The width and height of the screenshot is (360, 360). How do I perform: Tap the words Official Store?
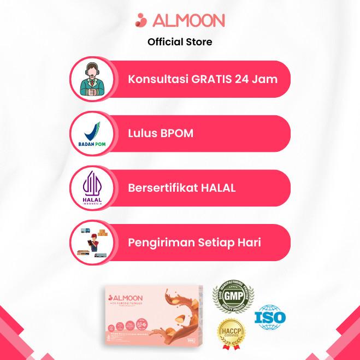point(180,42)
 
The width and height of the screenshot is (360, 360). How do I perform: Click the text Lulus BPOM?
point(161,133)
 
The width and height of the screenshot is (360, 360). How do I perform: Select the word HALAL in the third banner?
point(217,188)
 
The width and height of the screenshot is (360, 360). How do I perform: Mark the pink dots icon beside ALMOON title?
point(141,21)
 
